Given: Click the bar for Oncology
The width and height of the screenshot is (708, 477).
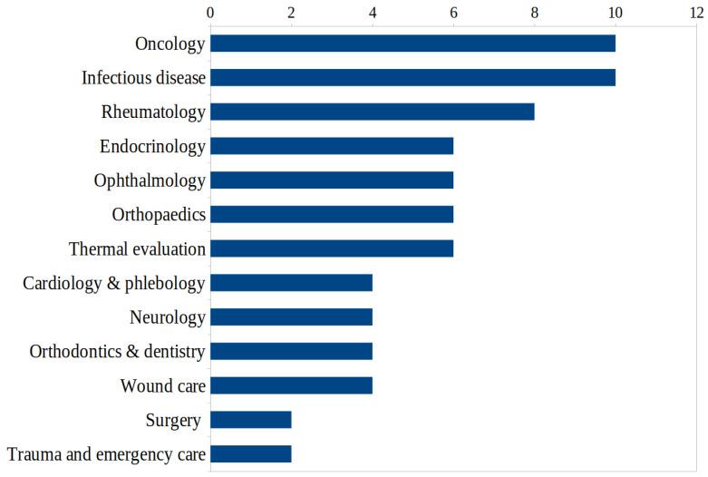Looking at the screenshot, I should point(412,44).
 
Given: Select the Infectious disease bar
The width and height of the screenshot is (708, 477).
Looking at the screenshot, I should point(412,78).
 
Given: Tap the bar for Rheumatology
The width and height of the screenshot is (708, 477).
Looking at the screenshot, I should point(372,112).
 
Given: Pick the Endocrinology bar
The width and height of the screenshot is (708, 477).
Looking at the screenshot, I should point(332,146).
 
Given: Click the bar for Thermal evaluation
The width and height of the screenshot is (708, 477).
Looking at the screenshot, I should point(332,248).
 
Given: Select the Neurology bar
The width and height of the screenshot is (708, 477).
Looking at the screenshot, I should point(291,317).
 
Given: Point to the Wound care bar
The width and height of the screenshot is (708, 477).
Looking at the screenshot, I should point(291,385).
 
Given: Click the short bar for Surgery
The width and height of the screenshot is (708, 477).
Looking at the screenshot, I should point(251,420).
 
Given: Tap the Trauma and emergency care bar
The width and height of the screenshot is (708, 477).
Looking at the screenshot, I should point(251,454).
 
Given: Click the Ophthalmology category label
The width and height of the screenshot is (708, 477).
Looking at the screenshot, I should point(150,180).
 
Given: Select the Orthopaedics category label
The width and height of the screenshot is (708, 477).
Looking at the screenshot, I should point(159,215).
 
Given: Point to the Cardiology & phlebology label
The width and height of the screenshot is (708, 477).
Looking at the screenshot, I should point(114,283).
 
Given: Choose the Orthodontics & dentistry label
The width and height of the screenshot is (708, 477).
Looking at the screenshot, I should point(117,351).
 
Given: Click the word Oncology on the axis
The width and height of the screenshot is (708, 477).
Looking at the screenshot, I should point(170,44).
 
